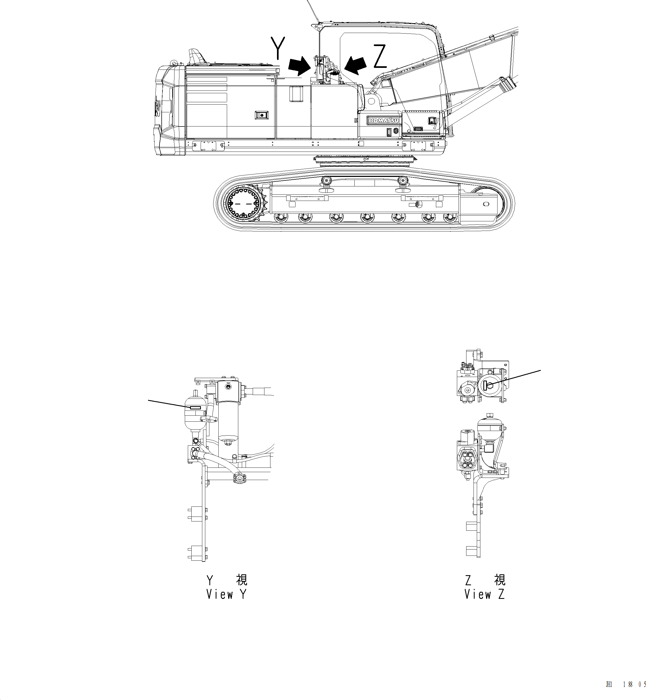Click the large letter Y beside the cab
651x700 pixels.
[x=278, y=48]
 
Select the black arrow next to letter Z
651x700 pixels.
[x=356, y=65]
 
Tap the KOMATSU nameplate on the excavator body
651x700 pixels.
[x=383, y=120]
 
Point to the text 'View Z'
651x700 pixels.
[x=484, y=594]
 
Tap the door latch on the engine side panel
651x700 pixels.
[x=261, y=115]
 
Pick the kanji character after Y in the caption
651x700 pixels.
[x=242, y=579]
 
